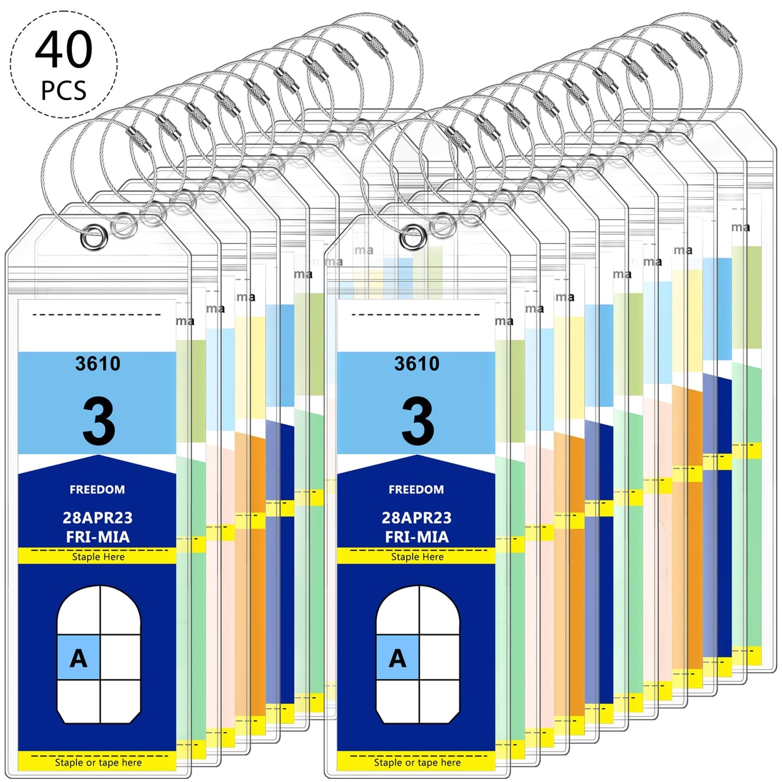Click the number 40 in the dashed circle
click(x=64, y=50)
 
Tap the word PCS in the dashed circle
click(x=64, y=90)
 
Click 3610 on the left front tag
click(x=97, y=364)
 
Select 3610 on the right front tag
click(x=417, y=364)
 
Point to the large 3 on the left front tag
click(x=98, y=421)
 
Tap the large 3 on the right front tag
click(x=417, y=421)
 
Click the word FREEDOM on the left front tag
click(x=97, y=490)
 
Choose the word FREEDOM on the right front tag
click(x=416, y=490)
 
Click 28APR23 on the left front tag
click(x=97, y=518)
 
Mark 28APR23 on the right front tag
click(x=417, y=518)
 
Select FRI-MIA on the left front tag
click(x=98, y=537)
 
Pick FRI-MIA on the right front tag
click(x=417, y=537)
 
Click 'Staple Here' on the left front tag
click(x=98, y=557)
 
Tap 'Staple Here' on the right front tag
click(x=417, y=557)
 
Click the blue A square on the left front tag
click(x=78, y=658)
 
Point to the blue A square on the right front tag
click(x=397, y=658)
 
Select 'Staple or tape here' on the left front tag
click(x=98, y=763)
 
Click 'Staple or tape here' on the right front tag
click(x=417, y=763)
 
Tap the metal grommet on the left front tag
click(x=94, y=238)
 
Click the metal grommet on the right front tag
click(x=413, y=238)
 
